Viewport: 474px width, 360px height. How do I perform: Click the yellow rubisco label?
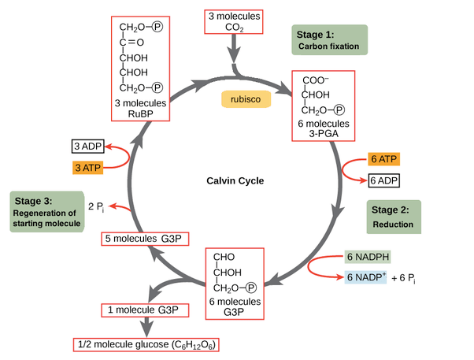pos(246,99)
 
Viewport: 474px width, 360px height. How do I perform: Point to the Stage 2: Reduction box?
pos(393,217)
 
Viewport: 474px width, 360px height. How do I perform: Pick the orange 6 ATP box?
pos(383,159)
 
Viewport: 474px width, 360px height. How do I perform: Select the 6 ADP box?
pos(383,180)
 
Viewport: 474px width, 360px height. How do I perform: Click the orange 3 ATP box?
pos(87,167)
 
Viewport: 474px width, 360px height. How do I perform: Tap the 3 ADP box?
pos(87,147)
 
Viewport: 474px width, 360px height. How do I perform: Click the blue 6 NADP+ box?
pos(365,276)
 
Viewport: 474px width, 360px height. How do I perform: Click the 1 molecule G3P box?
pos(145,310)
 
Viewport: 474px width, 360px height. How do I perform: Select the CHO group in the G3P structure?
pos(224,257)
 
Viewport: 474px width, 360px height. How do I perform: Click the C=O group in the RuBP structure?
pos(131,43)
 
